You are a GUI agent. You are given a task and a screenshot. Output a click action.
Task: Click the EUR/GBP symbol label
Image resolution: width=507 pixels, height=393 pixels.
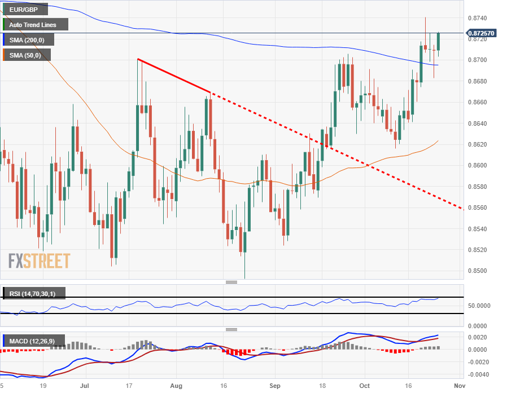(x=25, y=10)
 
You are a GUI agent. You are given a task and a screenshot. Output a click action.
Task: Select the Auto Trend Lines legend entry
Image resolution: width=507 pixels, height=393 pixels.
(x=36, y=25)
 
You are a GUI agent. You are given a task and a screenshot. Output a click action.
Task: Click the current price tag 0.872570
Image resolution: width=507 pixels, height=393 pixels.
(x=482, y=33)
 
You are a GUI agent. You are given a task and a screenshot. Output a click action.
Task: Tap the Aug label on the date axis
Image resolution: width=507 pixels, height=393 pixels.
(x=176, y=386)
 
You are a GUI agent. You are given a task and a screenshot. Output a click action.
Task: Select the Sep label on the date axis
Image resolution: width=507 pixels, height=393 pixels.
(x=274, y=386)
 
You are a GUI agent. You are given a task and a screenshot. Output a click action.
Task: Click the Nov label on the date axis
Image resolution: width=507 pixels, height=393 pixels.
(x=459, y=386)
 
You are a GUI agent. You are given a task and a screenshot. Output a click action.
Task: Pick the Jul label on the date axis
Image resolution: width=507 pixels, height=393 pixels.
(x=85, y=386)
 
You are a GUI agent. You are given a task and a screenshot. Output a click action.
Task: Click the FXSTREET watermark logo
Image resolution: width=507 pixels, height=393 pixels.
(x=40, y=261)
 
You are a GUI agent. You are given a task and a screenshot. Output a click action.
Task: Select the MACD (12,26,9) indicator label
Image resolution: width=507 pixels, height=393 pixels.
(x=34, y=341)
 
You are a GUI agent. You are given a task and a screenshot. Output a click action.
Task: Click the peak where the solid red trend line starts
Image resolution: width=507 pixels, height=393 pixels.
(x=138, y=59)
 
